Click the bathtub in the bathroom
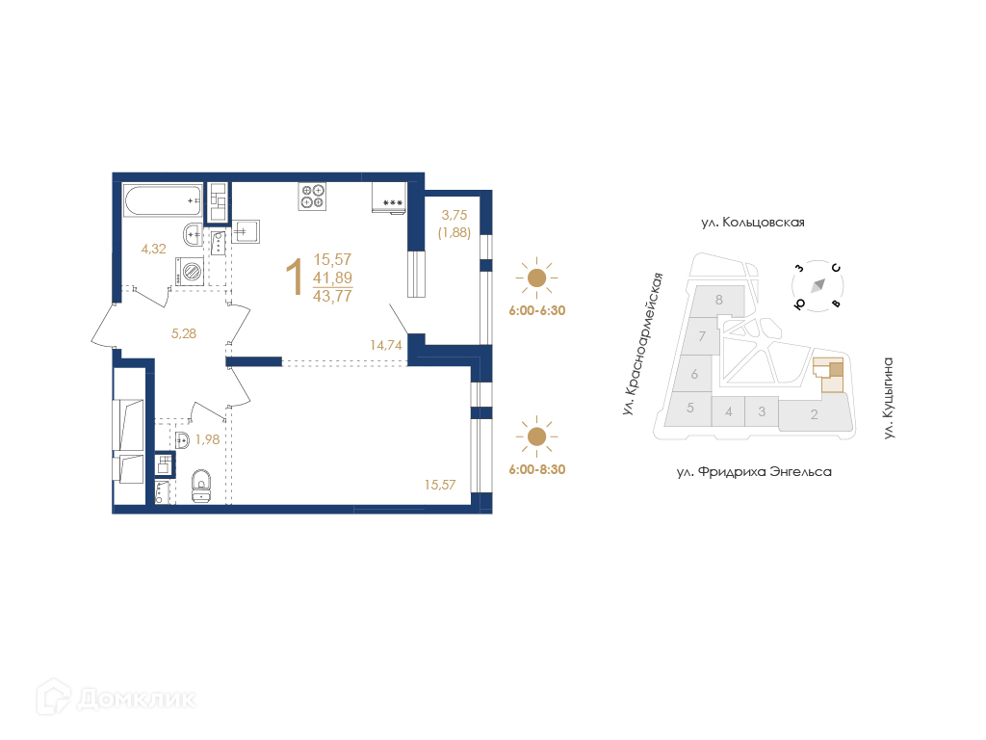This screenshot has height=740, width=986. click(x=162, y=200)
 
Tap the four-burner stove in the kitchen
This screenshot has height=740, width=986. click(x=313, y=196)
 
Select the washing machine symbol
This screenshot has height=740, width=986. click(x=190, y=271)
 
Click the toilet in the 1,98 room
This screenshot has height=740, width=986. click(x=201, y=486)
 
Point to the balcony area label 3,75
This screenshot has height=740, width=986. click(x=454, y=215)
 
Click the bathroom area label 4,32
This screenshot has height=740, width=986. click(x=153, y=250)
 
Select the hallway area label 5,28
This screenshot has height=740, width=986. click(x=184, y=333)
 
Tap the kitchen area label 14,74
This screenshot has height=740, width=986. click(x=385, y=345)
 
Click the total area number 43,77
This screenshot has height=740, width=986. click(x=332, y=296)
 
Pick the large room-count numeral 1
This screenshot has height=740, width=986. click(x=295, y=277)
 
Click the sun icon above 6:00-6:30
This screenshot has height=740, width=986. click(x=536, y=277)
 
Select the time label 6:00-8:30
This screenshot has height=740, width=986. click(x=537, y=469)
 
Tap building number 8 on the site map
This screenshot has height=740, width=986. click(x=719, y=301)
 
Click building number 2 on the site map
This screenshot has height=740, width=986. click(x=815, y=414)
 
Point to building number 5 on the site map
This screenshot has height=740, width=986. click(x=689, y=408)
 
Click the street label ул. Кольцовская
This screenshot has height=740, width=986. click(x=753, y=223)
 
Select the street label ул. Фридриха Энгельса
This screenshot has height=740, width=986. click(x=754, y=471)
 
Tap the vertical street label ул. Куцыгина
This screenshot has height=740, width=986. click(x=888, y=398)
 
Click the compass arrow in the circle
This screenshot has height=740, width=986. click(x=817, y=285)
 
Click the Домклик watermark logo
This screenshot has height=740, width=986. click(x=117, y=698)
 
